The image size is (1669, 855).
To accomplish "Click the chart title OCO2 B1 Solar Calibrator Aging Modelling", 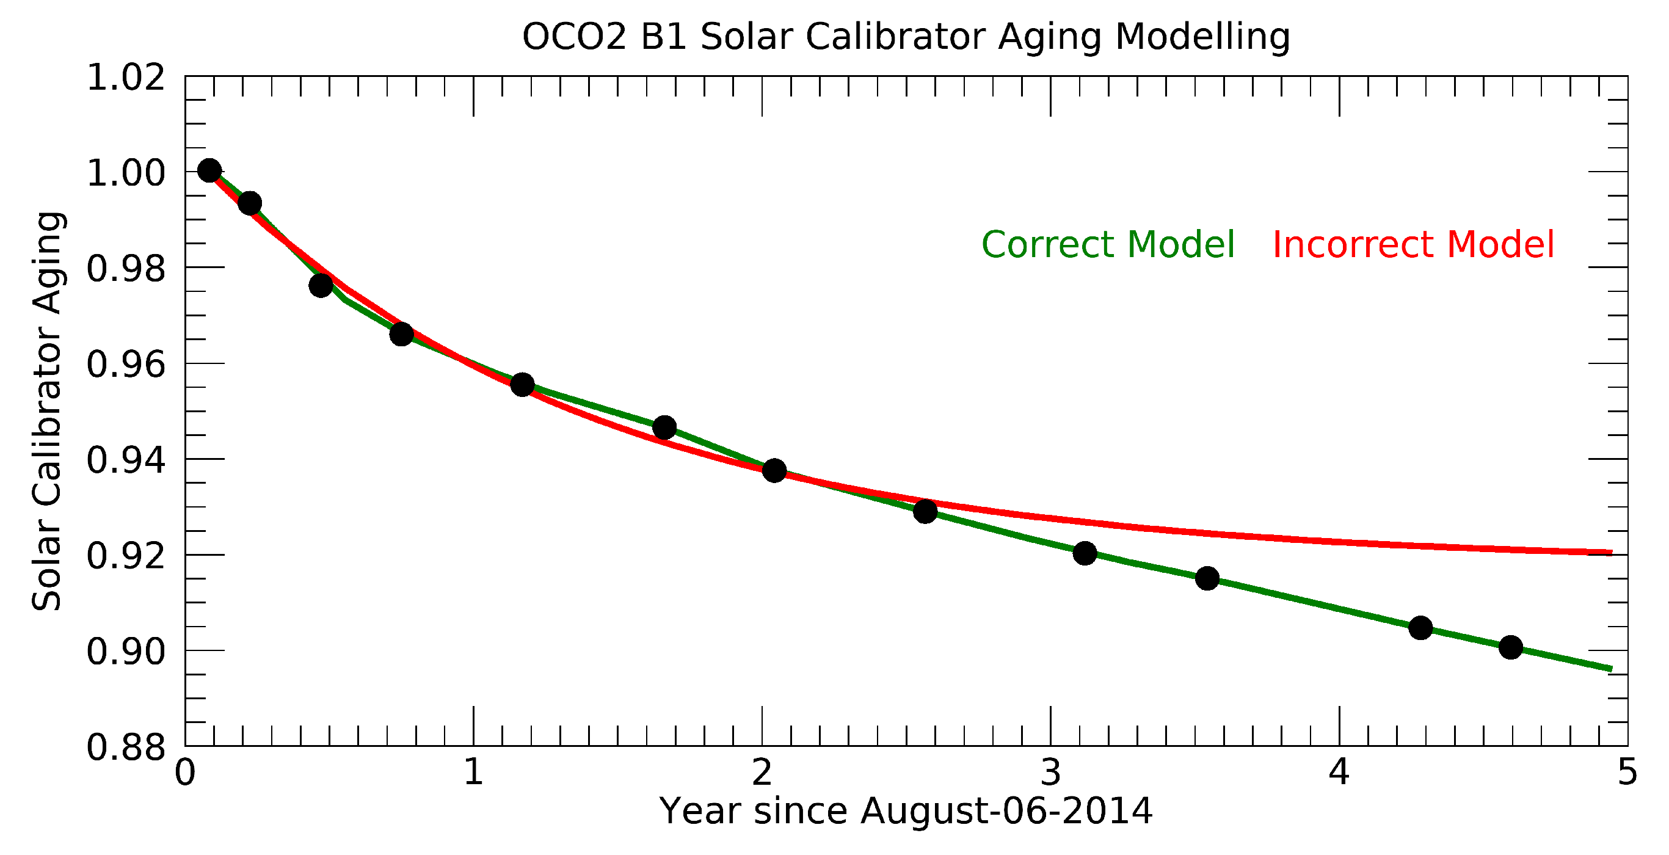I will (x=906, y=37).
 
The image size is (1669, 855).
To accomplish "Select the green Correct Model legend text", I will (x=1108, y=245).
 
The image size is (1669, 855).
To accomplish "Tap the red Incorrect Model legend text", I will (x=1413, y=245).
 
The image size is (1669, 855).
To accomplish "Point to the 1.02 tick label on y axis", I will (x=126, y=78).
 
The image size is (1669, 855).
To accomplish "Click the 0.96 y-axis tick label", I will (x=126, y=365).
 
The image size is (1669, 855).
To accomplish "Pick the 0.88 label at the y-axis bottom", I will (x=126, y=748).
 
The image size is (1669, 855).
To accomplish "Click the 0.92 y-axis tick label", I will (x=126, y=556).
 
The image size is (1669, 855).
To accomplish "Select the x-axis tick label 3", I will (x=1050, y=773).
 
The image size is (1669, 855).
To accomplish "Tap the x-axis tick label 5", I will (x=1627, y=773).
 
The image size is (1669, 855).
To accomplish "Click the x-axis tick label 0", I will (x=185, y=773).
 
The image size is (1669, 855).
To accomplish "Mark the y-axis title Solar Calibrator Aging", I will (x=47, y=411).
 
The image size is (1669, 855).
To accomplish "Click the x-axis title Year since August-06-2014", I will (x=906, y=812).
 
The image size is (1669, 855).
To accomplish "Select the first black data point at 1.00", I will (x=209, y=171).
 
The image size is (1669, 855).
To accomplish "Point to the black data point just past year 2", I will (x=774, y=471).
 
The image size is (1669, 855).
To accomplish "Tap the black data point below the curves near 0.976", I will (x=321, y=285).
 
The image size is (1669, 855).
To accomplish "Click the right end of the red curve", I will (x=1609, y=553).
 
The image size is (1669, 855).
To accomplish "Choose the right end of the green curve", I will (x=1609, y=669).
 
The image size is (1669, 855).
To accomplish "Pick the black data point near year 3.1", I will (x=1085, y=554).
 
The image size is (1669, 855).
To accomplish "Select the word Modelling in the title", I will (x=1202, y=37).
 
